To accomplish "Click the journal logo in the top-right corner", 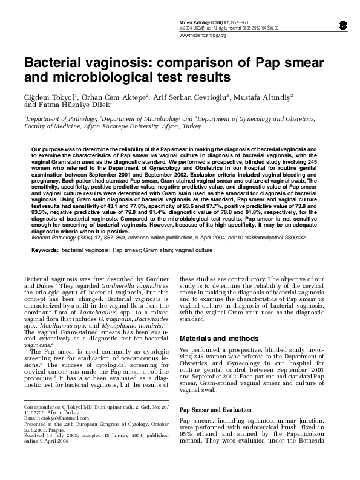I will [x=342, y=25].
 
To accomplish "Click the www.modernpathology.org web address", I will [x=203, y=36].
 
